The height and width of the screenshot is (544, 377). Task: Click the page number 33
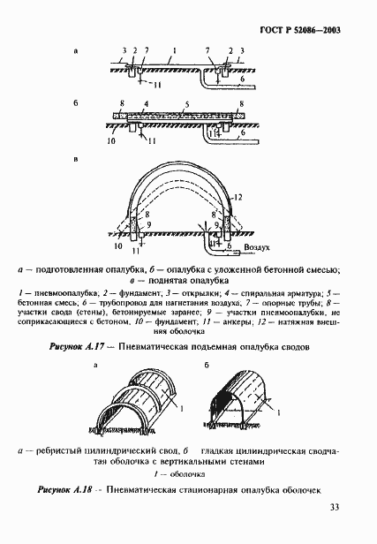334,506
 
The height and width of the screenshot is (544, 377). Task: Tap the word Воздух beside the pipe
256,249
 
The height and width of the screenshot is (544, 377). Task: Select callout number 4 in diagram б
145,104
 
